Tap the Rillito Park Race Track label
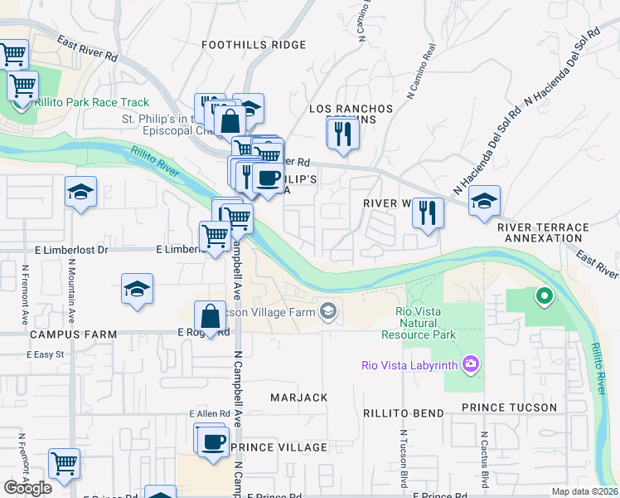91,103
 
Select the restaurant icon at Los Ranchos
342,133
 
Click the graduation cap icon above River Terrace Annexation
485,201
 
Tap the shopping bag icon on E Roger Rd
211,315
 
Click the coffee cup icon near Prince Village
213,440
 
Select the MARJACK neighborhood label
299,398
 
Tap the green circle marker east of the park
544,294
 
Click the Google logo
27,487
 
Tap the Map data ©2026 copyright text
584,491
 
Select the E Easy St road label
45,354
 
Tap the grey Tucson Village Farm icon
328,310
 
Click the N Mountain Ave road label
72,291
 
